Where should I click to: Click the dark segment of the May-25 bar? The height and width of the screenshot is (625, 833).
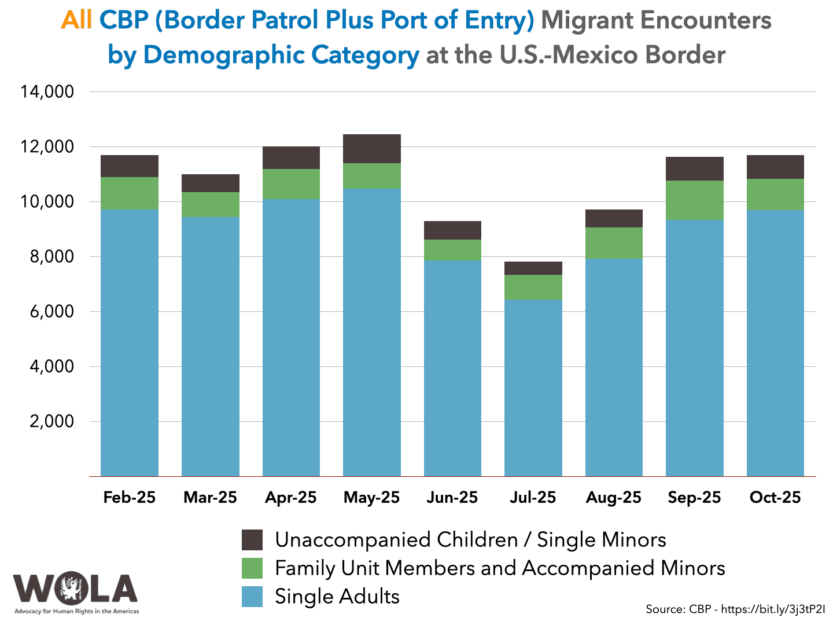pyautogui.click(x=371, y=149)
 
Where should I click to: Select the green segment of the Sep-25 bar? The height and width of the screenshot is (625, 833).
pyautogui.click(x=694, y=200)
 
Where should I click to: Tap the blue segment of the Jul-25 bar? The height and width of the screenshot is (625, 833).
pyautogui.click(x=533, y=388)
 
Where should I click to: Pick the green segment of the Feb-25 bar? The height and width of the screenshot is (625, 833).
pyautogui.click(x=130, y=193)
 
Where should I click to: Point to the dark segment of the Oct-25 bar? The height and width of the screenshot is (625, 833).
pyautogui.click(x=775, y=167)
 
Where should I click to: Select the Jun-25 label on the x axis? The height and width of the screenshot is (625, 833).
pyautogui.click(x=452, y=498)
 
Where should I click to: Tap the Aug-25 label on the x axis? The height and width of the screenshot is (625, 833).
pyautogui.click(x=614, y=498)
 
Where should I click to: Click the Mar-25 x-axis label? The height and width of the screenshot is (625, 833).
pyautogui.click(x=210, y=498)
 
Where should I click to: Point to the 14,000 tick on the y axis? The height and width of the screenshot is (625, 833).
pyautogui.click(x=47, y=91)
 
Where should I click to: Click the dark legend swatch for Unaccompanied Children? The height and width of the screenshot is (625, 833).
pyautogui.click(x=252, y=540)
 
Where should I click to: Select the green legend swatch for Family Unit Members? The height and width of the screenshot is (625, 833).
pyautogui.click(x=252, y=568)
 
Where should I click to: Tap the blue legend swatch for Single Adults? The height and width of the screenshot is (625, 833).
pyautogui.click(x=252, y=597)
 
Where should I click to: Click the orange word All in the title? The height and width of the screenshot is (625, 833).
pyautogui.click(x=76, y=21)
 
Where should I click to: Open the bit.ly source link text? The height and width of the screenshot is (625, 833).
pyautogui.click(x=773, y=609)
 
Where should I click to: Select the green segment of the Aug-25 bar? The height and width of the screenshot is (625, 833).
pyautogui.click(x=614, y=243)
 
